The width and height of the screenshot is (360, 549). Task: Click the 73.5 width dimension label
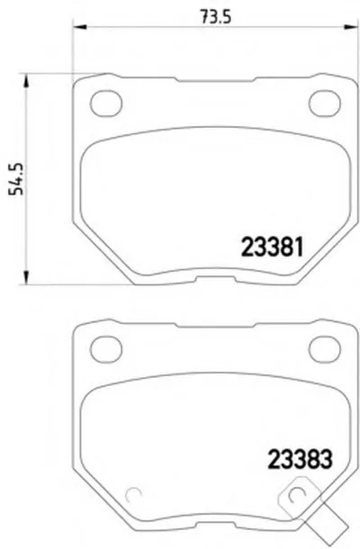click(x=216, y=16)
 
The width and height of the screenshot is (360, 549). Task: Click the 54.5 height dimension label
click(x=16, y=178)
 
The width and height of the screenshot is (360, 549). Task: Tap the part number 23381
click(x=272, y=247)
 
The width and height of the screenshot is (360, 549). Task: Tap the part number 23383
click(x=300, y=458)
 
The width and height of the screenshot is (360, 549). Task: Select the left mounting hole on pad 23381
click(x=106, y=103)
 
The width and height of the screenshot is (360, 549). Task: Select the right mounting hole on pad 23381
click(x=325, y=103)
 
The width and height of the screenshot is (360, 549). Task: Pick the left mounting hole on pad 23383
click(x=106, y=348)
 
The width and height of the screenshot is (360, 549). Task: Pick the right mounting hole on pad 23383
click(x=325, y=348)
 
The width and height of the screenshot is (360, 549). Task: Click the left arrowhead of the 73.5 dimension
click(x=79, y=27)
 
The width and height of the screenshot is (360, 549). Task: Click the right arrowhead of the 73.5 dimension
click(x=351, y=27)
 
